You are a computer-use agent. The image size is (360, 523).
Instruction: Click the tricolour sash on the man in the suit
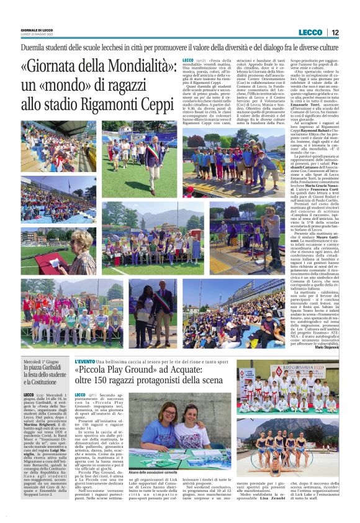(x=151, y=153)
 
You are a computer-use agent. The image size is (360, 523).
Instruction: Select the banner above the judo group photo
(x=297, y=370)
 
